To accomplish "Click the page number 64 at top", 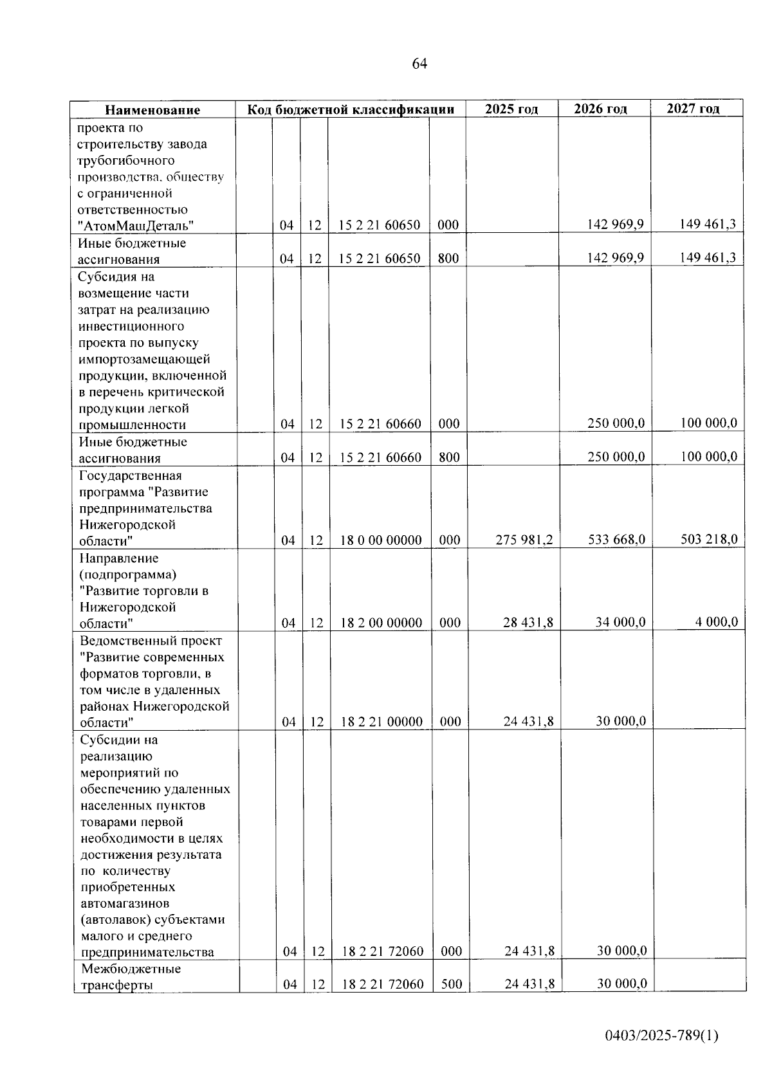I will (419, 64).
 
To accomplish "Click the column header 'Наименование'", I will (152, 110).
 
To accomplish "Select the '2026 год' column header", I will (600, 109).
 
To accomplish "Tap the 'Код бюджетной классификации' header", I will (351, 109).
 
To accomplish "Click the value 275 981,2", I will (524, 540).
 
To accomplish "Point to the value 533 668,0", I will (616, 539).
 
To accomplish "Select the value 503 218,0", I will (709, 538).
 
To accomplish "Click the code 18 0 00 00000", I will (381, 540).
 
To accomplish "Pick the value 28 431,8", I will (528, 623).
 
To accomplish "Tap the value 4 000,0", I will (715, 622).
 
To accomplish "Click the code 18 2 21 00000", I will (381, 722).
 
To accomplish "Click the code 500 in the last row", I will (452, 984).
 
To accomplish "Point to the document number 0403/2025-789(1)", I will (661, 1036).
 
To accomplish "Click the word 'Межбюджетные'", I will (131, 969).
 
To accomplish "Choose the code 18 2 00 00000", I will (381, 623).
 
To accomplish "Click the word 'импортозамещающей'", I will (144, 359).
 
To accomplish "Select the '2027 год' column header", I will (693, 108).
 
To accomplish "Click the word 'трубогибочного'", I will (125, 160).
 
